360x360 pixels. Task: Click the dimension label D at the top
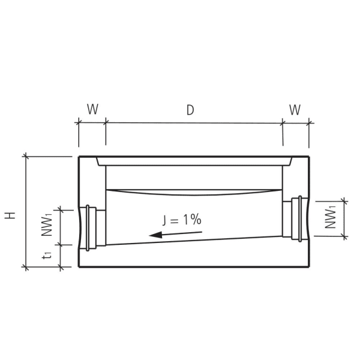pos(190,110)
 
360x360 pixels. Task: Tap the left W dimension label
pos(92,110)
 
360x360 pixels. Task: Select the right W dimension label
pos(295,110)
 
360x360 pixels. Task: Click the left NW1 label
pos(48,226)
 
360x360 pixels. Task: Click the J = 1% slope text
pos(181,220)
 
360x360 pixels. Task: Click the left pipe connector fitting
pos(91,227)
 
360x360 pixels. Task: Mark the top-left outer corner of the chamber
pos(79,157)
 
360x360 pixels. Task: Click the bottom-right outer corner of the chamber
pos(309,267)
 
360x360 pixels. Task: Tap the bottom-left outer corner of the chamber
pos(79,267)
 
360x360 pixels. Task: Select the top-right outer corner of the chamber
pos(309,157)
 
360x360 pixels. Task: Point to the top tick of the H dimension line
pos(26,157)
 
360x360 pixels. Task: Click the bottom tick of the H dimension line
pos(26,267)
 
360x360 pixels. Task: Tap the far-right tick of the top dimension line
pos(309,122)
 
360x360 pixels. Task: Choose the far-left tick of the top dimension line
pos(78,122)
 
